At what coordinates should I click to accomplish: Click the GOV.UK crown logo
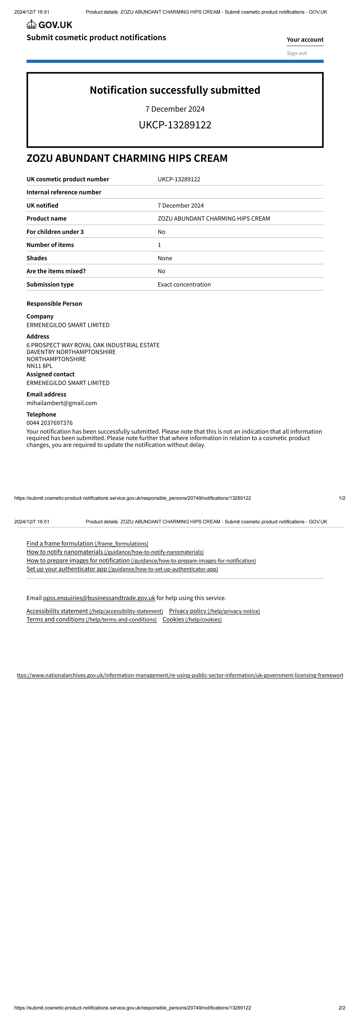(x=32, y=25)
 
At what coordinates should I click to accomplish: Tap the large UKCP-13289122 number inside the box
(x=175, y=125)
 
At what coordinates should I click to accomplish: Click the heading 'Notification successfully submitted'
(x=175, y=90)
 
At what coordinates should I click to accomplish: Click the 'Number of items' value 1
(x=159, y=245)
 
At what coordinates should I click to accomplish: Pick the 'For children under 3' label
(x=55, y=232)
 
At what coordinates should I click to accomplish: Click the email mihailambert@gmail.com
(x=62, y=403)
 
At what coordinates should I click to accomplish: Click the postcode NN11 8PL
(x=39, y=366)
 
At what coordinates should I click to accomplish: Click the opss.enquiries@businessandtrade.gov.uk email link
(x=99, y=598)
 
